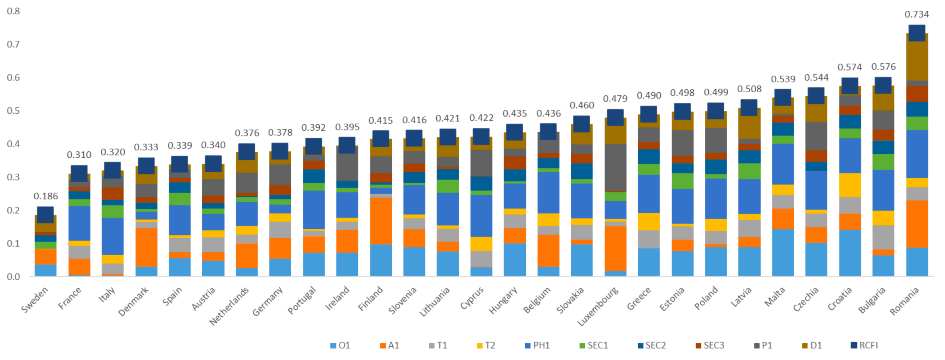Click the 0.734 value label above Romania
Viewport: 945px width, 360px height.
[917, 14]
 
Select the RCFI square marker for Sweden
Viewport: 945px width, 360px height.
[45, 215]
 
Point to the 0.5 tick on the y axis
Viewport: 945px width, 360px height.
[13, 111]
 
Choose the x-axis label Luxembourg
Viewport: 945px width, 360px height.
[598, 306]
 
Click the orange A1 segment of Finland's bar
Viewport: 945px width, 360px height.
[381, 221]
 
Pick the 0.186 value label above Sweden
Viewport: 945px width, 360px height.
[46, 196]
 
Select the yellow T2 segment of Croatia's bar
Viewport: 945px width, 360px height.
[850, 185]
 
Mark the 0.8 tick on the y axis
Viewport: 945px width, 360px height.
[13, 11]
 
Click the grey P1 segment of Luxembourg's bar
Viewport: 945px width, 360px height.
[615, 167]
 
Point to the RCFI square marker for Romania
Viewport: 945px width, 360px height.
[917, 33]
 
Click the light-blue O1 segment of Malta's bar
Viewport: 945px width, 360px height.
[783, 253]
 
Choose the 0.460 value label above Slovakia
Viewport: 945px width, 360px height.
[582, 105]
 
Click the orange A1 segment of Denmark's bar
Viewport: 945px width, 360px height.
[146, 247]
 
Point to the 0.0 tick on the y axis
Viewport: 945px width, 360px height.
[13, 277]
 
